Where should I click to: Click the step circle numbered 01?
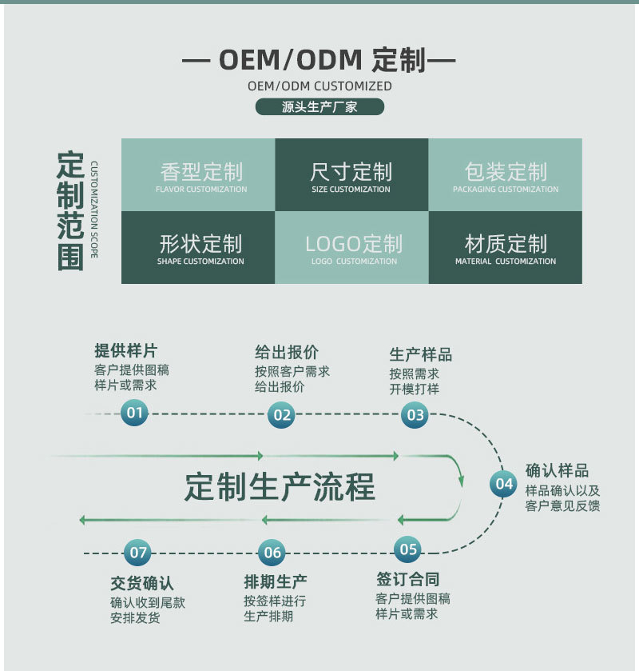[x=134, y=413]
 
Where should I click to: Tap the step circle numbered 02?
[x=281, y=414]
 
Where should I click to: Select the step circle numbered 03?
[x=415, y=414]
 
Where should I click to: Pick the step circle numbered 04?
[x=503, y=483]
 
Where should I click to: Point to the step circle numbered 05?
[x=408, y=549]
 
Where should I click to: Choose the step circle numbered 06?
[x=272, y=553]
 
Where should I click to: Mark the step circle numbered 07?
[x=138, y=553]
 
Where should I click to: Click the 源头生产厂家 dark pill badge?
[x=319, y=107]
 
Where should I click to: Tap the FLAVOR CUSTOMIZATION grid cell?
[x=198, y=175]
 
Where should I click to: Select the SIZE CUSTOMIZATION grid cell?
[x=351, y=175]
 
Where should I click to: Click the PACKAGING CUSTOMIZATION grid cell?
[x=506, y=175]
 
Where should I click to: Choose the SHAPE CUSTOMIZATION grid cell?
[x=198, y=247]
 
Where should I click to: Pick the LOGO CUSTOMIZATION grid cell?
[x=351, y=247]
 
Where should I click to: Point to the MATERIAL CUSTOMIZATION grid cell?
[x=506, y=247]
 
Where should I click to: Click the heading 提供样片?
[x=125, y=351]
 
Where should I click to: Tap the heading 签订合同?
[x=407, y=579]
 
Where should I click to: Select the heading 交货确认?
[x=141, y=583]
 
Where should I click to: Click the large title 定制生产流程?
[x=280, y=486]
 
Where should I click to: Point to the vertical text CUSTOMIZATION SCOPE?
[x=94, y=210]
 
